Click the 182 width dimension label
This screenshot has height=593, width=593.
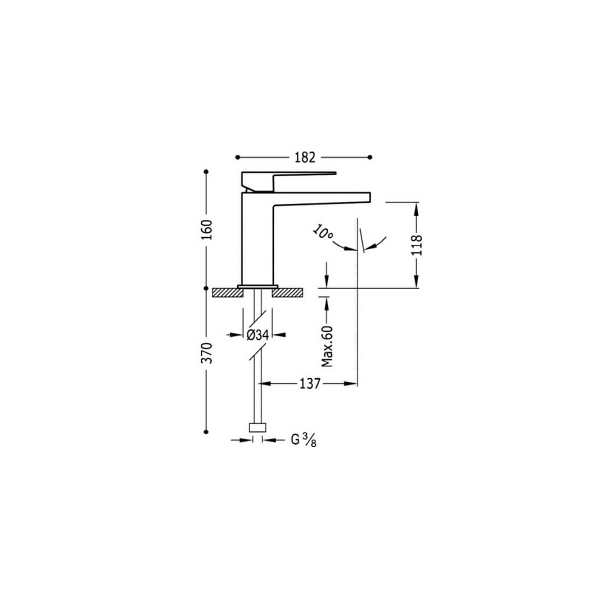click(x=305, y=157)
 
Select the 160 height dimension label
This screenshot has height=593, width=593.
click(x=207, y=230)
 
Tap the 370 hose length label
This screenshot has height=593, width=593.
click(x=207, y=353)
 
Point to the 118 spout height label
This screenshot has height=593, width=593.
click(x=416, y=245)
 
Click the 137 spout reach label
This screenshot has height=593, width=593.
click(x=310, y=384)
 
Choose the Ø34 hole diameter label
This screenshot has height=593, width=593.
click(x=258, y=335)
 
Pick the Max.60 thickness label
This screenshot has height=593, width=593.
click(x=327, y=347)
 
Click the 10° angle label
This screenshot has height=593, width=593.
click(x=322, y=232)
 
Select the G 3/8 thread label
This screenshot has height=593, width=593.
click(x=304, y=440)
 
